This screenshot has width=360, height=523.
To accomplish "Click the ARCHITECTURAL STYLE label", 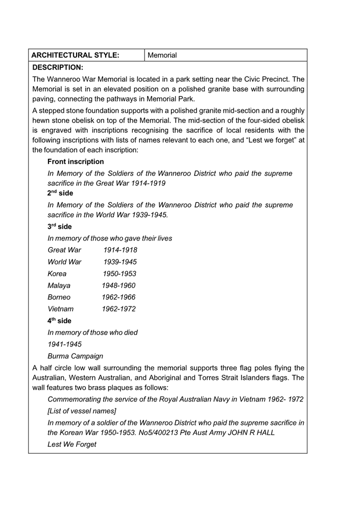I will (75, 55).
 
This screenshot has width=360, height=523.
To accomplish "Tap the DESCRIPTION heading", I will (57, 67).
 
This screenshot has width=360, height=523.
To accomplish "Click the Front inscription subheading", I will (76, 161).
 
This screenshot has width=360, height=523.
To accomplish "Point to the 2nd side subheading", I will (60, 194).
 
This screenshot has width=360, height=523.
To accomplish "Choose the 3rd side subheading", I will (60, 226).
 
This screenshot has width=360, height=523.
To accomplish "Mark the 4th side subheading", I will (60, 321).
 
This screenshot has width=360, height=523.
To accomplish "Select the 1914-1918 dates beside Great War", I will (120, 250).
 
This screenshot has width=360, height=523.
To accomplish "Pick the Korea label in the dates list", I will (57, 273).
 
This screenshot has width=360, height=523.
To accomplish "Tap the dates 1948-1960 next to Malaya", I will (119, 286).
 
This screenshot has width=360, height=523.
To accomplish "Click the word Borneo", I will (59, 297).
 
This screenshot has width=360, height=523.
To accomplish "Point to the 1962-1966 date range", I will (119, 297).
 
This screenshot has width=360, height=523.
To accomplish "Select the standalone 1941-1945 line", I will (64, 344).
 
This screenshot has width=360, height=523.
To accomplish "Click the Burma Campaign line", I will (75, 356).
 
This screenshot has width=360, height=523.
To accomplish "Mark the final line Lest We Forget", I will (72, 444).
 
